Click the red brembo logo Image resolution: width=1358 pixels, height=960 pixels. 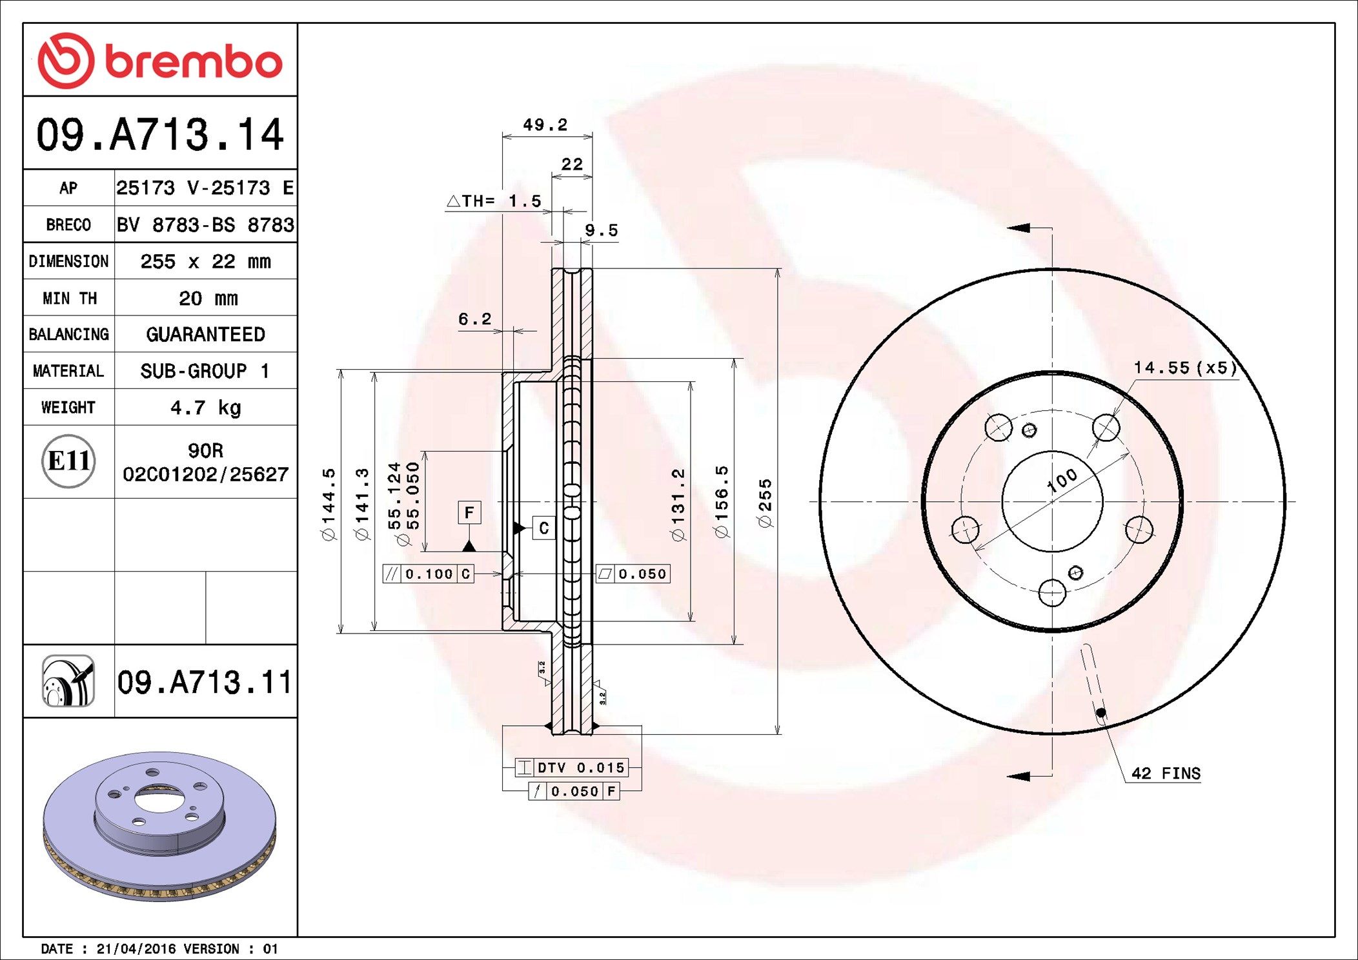(x=159, y=61)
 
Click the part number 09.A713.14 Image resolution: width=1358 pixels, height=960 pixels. (x=159, y=135)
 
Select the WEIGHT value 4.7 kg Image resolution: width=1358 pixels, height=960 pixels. (x=205, y=408)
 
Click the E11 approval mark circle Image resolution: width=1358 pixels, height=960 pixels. (x=68, y=461)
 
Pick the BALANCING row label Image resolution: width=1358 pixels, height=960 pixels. (x=68, y=334)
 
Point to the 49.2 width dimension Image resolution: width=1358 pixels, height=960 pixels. (x=545, y=125)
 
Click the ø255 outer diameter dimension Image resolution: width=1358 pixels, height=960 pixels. (x=765, y=504)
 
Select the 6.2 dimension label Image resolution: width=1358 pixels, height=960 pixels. (x=474, y=319)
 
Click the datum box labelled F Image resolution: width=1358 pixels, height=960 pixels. (x=469, y=512)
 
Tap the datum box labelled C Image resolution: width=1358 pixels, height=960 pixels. (x=543, y=528)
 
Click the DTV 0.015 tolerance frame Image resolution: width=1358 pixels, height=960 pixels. (x=572, y=767)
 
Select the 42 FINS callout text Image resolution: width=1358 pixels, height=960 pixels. (x=1166, y=774)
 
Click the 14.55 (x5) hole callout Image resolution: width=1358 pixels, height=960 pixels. (x=1185, y=368)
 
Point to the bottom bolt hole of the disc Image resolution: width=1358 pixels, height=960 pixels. (x=1052, y=592)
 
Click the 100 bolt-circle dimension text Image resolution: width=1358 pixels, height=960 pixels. (x=1062, y=480)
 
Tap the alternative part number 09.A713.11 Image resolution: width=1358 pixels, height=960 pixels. (x=205, y=682)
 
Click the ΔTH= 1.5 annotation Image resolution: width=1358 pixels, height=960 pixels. (x=494, y=201)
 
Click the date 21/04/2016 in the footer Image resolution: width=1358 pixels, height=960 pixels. (x=136, y=948)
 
